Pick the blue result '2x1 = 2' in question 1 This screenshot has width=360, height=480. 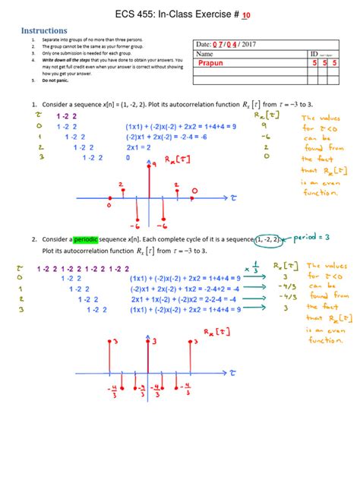[x=142, y=147]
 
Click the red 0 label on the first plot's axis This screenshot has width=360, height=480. [x=109, y=205]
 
